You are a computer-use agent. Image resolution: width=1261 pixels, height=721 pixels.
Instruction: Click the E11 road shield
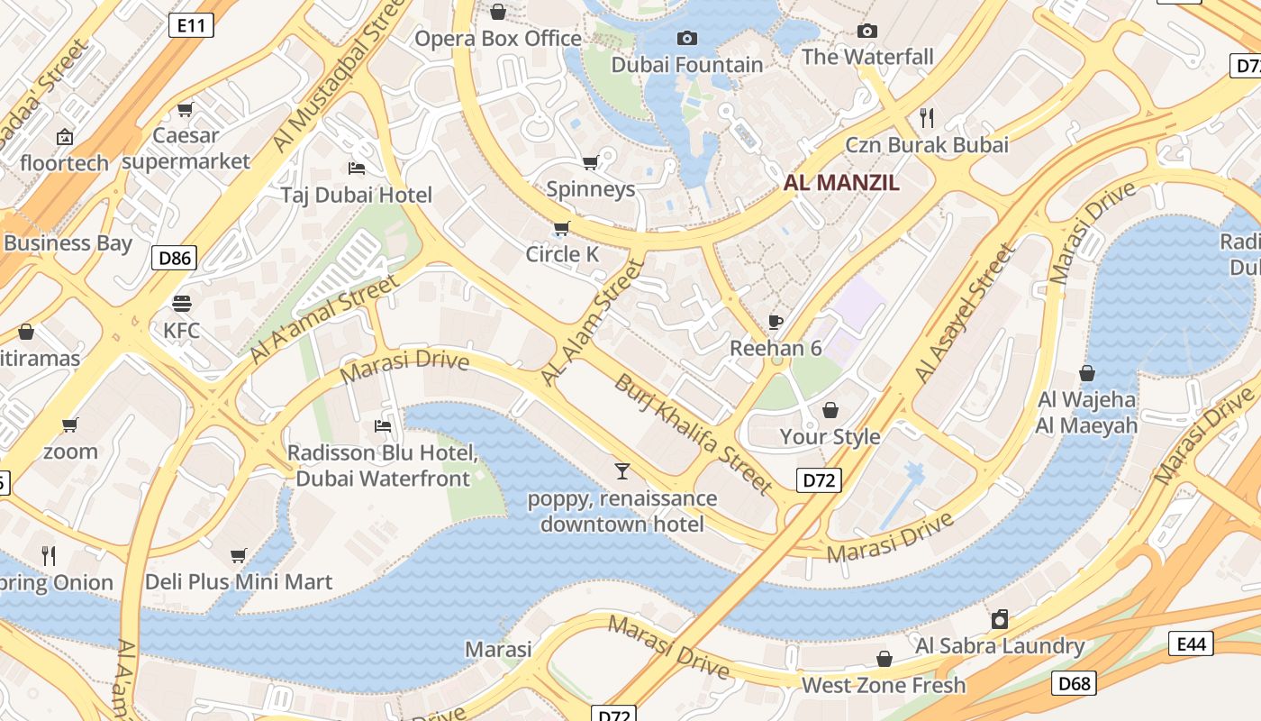click(192, 25)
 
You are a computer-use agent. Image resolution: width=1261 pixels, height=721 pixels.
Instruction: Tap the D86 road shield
click(175, 259)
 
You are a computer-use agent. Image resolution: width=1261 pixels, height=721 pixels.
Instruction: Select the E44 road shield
click(1191, 643)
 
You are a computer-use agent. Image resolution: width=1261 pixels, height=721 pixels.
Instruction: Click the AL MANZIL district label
click(841, 183)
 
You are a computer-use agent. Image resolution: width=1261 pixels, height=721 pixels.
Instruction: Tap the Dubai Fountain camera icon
click(687, 38)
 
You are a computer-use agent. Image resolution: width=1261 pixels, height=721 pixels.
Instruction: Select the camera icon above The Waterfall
click(867, 31)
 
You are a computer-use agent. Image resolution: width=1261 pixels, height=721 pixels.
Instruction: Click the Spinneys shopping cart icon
click(590, 163)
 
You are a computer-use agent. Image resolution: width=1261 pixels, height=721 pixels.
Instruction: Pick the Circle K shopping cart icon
click(562, 228)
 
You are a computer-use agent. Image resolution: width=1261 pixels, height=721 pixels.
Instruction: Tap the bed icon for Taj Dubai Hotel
click(357, 169)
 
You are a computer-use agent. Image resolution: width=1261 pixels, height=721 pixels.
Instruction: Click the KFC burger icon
click(182, 303)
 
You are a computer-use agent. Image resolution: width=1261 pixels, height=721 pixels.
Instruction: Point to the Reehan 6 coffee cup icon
click(776, 322)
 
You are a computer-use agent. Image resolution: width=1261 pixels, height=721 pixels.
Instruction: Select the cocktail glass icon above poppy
click(621, 470)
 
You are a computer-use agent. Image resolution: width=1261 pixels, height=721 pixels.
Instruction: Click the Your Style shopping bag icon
click(830, 410)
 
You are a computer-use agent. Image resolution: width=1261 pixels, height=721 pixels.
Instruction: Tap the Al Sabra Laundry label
click(1000, 645)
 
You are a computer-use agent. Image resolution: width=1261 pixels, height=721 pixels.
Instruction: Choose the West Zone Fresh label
click(884, 685)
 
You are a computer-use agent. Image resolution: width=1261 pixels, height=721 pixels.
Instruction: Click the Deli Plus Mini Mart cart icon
click(239, 555)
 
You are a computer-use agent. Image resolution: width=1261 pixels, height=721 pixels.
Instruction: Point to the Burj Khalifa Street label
click(694, 434)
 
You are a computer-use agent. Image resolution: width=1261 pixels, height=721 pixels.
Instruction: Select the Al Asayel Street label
click(966, 313)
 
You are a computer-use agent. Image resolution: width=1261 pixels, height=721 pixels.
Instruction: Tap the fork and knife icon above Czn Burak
click(927, 117)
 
